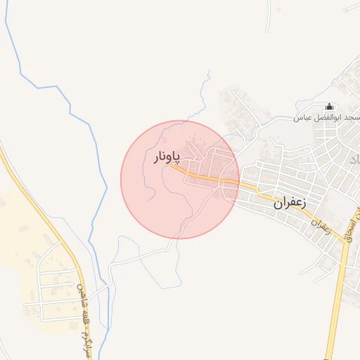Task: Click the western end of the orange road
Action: [x=172, y=167]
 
